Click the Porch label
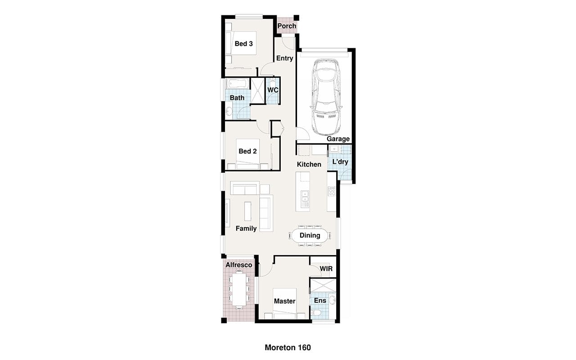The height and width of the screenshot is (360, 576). [x=287, y=26]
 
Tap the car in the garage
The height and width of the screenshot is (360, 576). [x=326, y=97]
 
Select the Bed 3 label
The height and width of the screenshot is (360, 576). [x=243, y=44]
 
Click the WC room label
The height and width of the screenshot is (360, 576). [x=273, y=90]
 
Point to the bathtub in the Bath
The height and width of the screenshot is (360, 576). [x=237, y=84]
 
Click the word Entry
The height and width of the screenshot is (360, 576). [x=285, y=58]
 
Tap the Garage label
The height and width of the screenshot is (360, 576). [x=338, y=139]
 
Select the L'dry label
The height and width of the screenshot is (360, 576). [x=340, y=162]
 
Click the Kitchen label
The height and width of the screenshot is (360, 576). [x=309, y=164]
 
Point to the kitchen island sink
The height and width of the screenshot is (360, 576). [x=305, y=197]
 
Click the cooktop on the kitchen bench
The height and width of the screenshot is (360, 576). [x=332, y=191]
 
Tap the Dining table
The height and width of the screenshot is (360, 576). [x=310, y=235]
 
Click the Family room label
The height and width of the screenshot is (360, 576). [x=246, y=228]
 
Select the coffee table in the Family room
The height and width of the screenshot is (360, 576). [x=247, y=211]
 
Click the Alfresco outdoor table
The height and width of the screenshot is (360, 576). [x=239, y=289]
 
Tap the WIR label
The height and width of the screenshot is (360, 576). [x=326, y=269]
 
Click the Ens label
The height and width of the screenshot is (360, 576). [x=320, y=300]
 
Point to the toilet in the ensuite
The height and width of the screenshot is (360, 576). [x=315, y=313]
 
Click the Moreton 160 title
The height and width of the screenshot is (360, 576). [x=288, y=348]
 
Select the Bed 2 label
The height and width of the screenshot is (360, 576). [x=247, y=151]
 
